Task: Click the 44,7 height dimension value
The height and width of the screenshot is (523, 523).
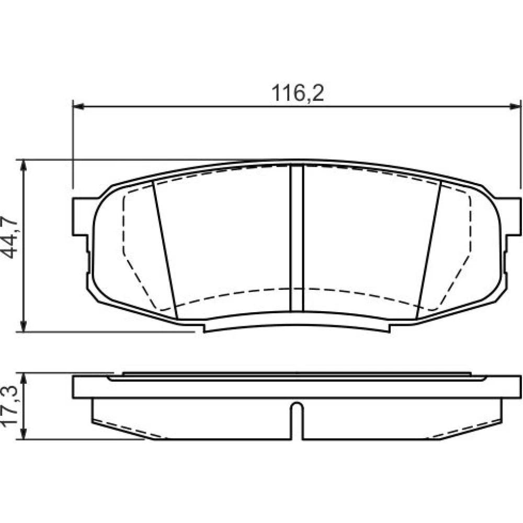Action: click(9, 237)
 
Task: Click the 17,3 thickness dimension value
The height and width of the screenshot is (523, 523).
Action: click(9, 406)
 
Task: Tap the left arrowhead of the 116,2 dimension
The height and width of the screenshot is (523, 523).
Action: click(78, 106)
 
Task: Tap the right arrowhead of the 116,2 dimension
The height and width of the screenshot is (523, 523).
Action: click(515, 106)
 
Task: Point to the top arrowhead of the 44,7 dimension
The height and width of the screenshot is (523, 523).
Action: click(24, 165)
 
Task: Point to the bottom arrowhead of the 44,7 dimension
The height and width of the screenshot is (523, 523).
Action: click(24, 326)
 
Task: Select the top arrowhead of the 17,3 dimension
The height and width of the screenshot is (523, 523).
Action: click(24, 379)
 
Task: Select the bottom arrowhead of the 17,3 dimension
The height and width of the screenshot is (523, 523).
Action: click(24, 434)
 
